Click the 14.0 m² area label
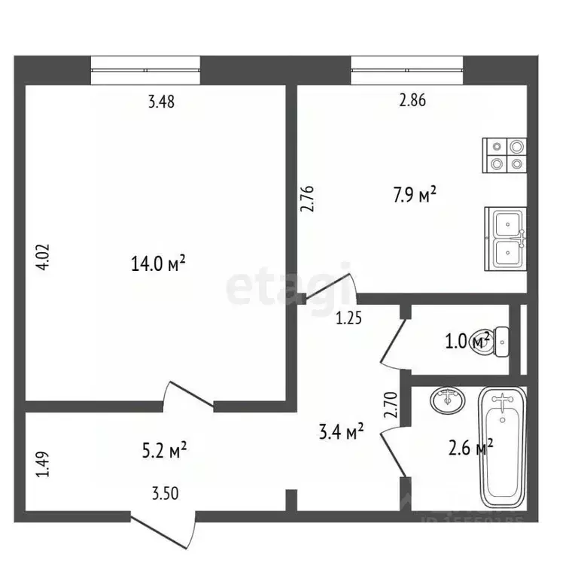point(157,264)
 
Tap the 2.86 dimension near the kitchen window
point(412,103)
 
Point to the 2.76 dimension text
point(307,202)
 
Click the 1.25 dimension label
point(349,318)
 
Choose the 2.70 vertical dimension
point(390,406)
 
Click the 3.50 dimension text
point(165,494)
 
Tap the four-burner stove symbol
point(504,154)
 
